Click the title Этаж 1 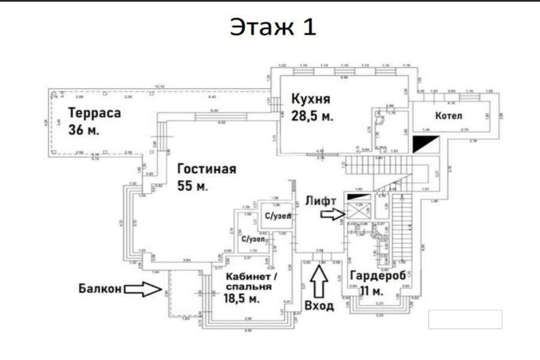point(272,27)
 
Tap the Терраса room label point(94,113)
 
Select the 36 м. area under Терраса point(84,130)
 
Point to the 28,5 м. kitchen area point(312,115)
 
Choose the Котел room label point(449,115)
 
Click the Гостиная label point(206,169)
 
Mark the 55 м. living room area point(193,186)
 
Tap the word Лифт point(320,201)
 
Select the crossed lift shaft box point(359,210)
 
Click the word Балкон point(100,289)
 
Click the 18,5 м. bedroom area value point(242,298)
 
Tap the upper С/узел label point(275,216)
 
